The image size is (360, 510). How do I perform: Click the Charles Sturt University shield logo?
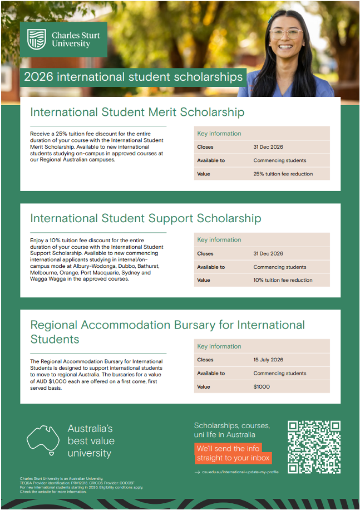tap(37, 40)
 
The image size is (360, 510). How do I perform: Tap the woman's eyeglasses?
tap(286, 33)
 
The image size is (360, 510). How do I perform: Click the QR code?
tap(314, 447)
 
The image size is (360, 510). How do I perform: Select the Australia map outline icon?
tap(43, 439)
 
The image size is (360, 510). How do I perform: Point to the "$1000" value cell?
tap(262, 386)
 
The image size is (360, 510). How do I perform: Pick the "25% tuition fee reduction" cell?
tap(283, 174)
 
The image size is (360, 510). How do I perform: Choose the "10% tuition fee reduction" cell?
tap(283, 280)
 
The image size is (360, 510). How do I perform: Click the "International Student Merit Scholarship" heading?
tap(137, 112)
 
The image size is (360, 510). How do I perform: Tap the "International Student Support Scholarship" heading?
tap(145, 218)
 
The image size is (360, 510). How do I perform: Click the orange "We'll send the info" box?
tap(233, 453)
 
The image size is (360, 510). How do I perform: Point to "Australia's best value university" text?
tap(90, 441)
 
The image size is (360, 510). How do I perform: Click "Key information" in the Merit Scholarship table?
tap(219, 134)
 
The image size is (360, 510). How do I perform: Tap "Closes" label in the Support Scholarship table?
tap(205, 253)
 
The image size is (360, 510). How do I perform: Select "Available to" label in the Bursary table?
tap(211, 373)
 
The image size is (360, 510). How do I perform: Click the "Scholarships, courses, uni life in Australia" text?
tap(231, 430)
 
